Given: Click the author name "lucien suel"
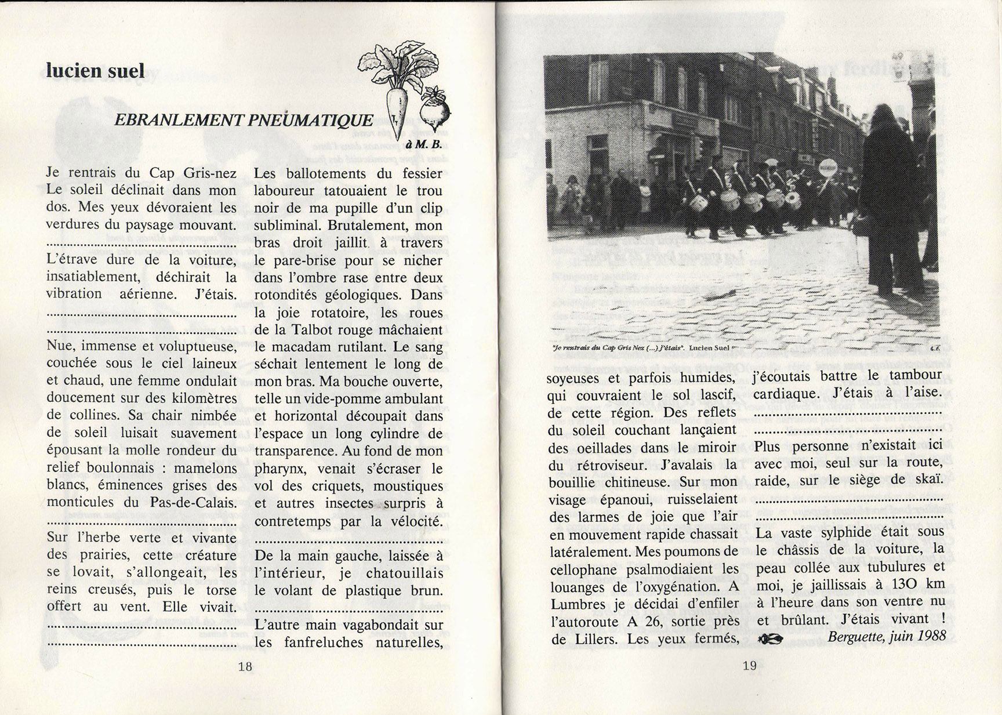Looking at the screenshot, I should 95,71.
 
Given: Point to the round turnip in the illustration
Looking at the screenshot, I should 434,110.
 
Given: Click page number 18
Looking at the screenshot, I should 245,666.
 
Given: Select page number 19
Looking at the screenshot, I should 750,666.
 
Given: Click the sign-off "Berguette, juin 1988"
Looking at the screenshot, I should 887,636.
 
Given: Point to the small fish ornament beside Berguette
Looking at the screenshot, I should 771,638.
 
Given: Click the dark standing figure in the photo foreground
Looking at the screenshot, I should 886,197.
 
